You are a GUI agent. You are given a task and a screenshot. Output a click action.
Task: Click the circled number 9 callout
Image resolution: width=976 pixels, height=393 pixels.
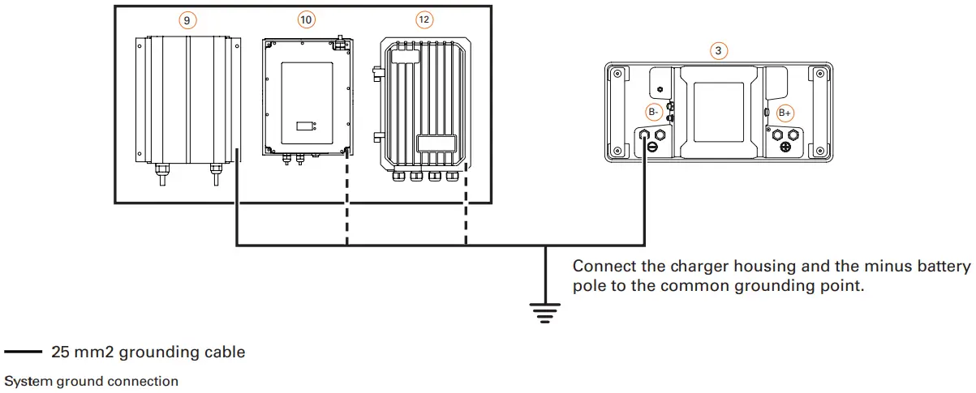(x=188, y=19)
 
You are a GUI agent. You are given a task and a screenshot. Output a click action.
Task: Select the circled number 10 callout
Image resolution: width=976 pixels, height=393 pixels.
(x=306, y=19)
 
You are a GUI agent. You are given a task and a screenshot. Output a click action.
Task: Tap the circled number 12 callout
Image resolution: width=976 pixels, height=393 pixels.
(x=424, y=19)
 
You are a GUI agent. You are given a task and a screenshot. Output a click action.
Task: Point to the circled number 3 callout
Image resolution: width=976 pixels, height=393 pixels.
(x=718, y=50)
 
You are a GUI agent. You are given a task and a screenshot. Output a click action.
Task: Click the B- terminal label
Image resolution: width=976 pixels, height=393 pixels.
(x=654, y=113)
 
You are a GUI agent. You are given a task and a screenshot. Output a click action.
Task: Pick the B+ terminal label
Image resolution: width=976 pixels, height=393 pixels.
(x=785, y=113)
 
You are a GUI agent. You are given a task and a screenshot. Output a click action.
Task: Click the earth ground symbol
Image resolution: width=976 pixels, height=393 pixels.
(x=545, y=309)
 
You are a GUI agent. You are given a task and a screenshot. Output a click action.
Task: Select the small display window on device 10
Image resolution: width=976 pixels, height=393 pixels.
(x=305, y=126)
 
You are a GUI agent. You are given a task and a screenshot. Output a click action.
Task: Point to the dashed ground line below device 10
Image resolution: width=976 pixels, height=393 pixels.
(x=347, y=203)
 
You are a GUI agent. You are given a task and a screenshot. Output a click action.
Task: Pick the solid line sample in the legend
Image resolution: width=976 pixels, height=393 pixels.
(x=23, y=352)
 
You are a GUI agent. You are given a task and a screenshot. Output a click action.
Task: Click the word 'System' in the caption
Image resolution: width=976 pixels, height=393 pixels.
(x=24, y=380)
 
